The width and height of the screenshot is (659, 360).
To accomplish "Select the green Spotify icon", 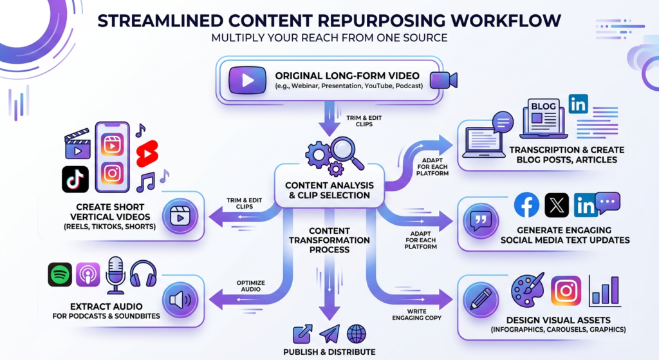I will coord(60,274).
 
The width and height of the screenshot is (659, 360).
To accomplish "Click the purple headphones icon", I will coord(143,274).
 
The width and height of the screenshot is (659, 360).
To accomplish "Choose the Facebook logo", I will coord(526,205).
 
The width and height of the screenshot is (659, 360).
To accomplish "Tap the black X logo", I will coord(557,205).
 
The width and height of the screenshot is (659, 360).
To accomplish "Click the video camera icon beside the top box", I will coord(443,79).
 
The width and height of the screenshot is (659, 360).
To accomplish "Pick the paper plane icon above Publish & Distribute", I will coord(329,334).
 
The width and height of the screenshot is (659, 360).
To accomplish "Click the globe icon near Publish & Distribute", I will coord(357,334).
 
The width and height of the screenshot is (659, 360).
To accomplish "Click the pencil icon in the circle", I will coord(481,298).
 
